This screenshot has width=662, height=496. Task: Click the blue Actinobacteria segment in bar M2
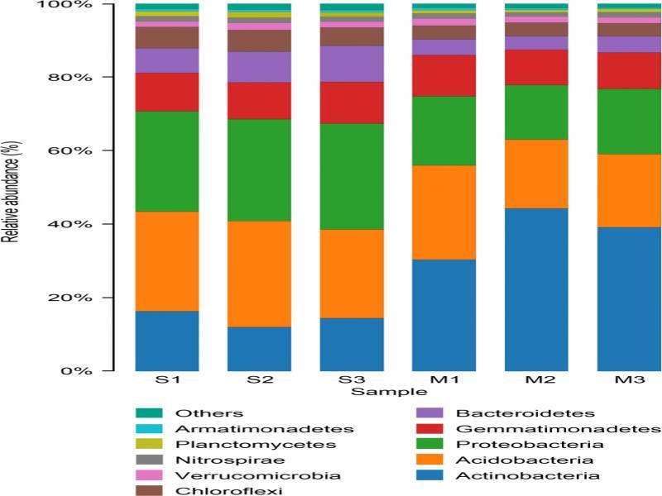pos(536,289)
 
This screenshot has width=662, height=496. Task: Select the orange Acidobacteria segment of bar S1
pos(167,261)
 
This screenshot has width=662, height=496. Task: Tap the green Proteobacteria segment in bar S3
pos(352,176)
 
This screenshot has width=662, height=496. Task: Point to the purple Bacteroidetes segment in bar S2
pos(259,67)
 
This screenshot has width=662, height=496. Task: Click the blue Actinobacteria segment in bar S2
pos(259,349)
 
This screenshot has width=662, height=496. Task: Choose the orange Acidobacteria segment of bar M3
pos(629,190)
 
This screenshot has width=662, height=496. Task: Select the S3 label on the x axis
pos(352,382)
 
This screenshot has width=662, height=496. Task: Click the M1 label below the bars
pos(444,382)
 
